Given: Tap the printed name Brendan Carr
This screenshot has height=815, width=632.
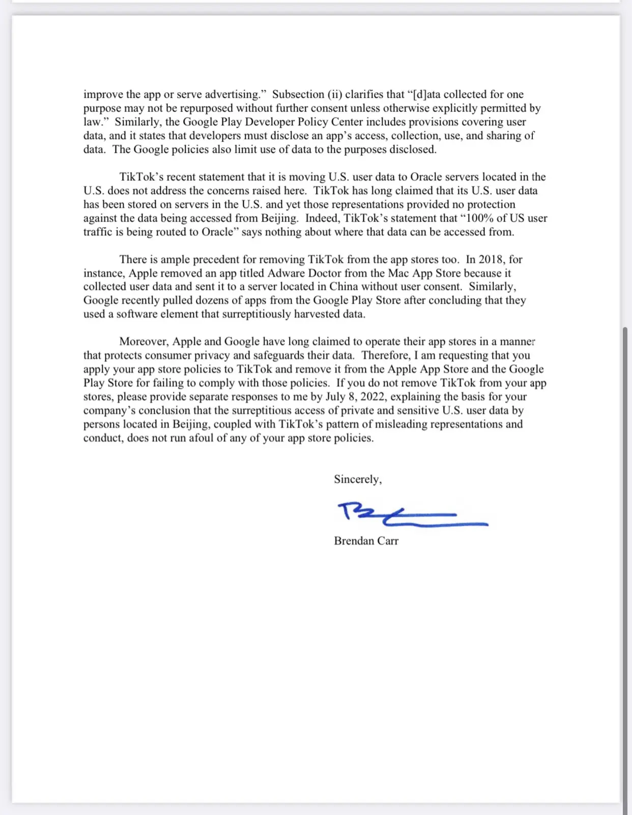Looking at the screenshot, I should pyautogui.click(x=366, y=541).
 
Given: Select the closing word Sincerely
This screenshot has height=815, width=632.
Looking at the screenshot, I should pyautogui.click(x=357, y=479).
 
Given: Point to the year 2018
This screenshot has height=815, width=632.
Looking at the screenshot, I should pyautogui.click(x=491, y=259).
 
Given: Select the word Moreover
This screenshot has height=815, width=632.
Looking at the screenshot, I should pyautogui.click(x=144, y=342).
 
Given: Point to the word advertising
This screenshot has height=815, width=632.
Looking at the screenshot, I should pyautogui.click(x=233, y=95).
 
